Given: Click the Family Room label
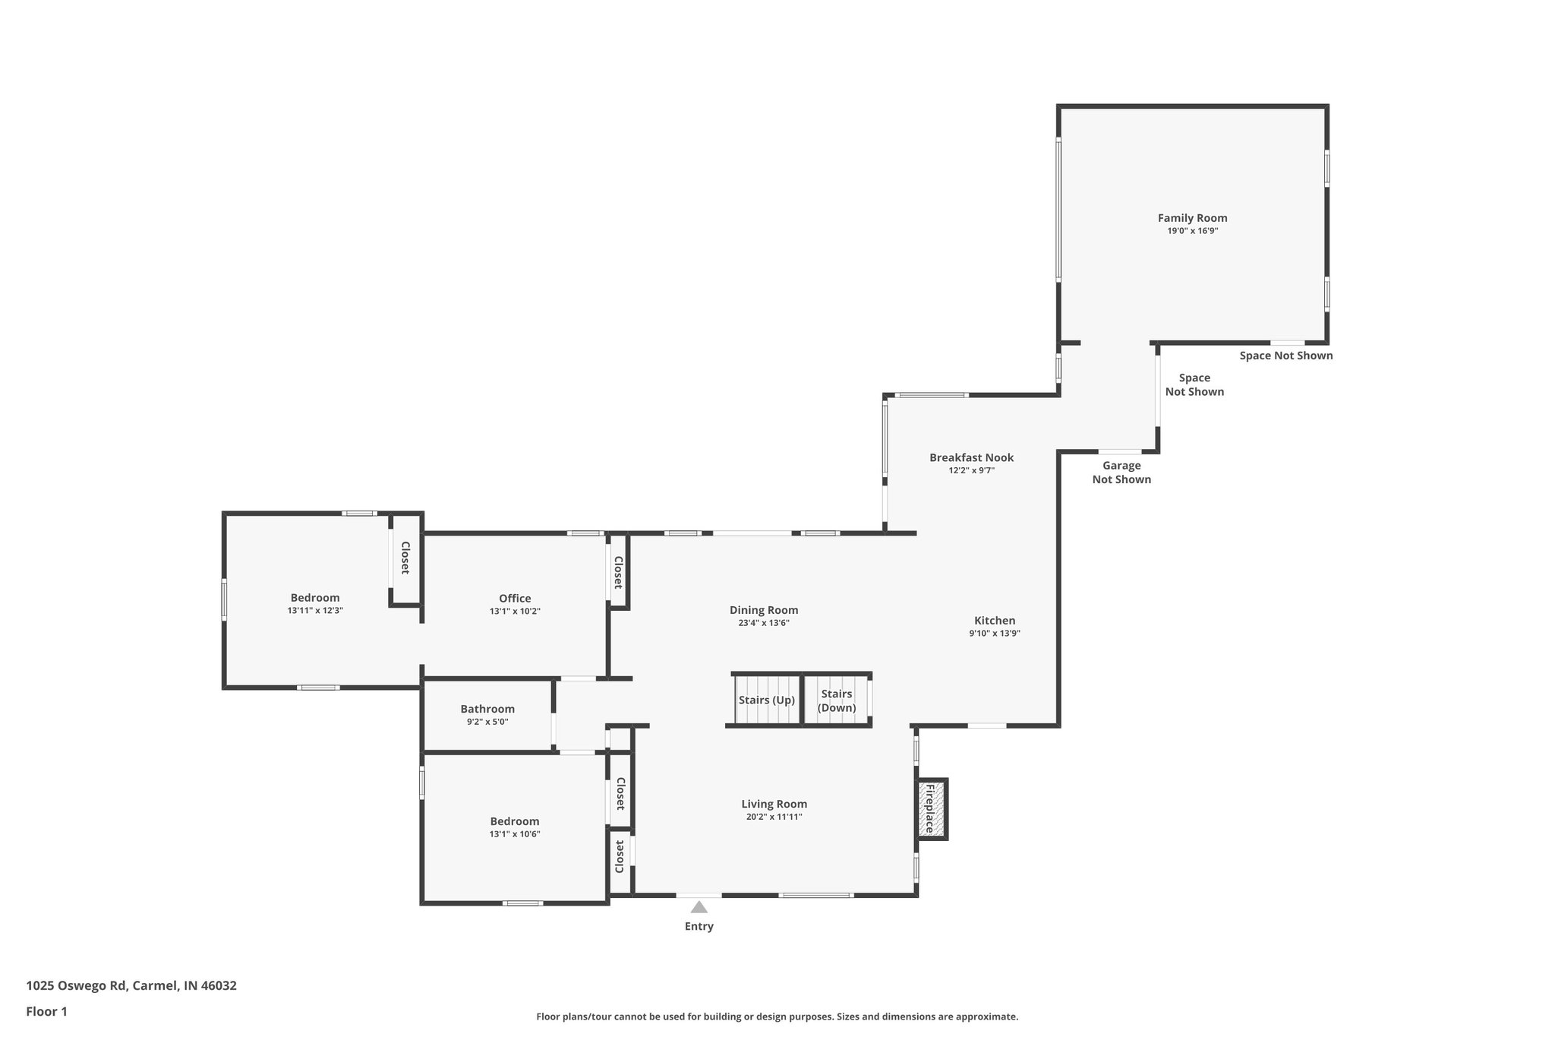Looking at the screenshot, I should coord(1192,218).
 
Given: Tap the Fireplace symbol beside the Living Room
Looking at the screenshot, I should coord(932,808).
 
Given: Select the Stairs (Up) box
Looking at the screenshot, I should coord(767,700).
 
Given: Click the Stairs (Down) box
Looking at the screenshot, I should coord(837,700).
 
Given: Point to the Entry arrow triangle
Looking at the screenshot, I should coord(699,907).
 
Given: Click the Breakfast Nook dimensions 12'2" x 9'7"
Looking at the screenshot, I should coord(971,470).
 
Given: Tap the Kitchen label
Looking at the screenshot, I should coord(995,621).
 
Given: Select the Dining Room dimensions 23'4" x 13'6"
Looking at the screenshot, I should coord(764,623).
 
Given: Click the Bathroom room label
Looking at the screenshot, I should coord(487,709).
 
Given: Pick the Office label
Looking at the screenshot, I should coord(515,599).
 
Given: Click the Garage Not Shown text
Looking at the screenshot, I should coord(1121,473).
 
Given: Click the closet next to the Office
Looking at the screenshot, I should coord(618,572).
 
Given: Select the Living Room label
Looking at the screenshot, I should coord(774,804).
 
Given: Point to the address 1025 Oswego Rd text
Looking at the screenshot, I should coord(131,985).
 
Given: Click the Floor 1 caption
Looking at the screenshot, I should coord(46,1011).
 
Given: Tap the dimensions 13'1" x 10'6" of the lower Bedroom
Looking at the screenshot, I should coord(515,834).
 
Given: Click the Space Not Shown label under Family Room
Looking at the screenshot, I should coord(1285,356).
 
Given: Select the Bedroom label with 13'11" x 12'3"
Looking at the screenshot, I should coord(315,598).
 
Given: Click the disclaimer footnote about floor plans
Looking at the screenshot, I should coord(777,1016).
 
